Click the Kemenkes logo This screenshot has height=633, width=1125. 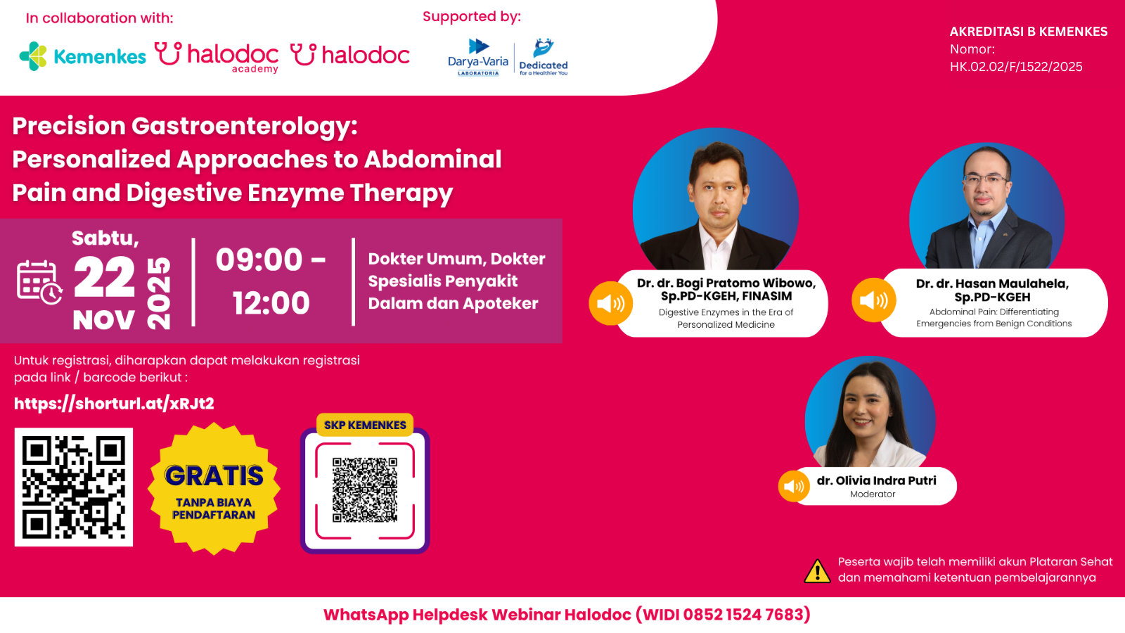coord(83,56)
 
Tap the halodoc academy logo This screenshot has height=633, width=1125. coord(217,57)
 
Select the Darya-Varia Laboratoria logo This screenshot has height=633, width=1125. coord(478,57)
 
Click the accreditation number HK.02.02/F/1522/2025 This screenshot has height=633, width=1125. coord(1016,67)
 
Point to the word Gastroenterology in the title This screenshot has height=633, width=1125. coord(245,127)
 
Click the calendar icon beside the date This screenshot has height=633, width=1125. coord(39,282)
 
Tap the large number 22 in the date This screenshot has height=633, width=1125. coord(105,277)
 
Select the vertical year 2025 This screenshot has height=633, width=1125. coord(159,293)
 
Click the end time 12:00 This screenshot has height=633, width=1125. coord(271,303)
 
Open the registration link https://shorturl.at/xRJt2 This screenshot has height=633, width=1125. coord(114,404)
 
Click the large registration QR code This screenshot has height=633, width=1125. coord(74,487)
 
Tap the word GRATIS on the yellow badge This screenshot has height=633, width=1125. coord(214,475)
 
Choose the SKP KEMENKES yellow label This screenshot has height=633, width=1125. coord(365,425)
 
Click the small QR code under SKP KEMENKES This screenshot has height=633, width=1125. coord(365,490)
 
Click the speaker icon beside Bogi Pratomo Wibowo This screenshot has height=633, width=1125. coord(611,303)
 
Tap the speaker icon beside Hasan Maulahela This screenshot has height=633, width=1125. coord(874,300)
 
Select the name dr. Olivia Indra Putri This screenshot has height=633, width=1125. coord(876,481)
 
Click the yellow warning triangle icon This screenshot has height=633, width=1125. coord(817,571)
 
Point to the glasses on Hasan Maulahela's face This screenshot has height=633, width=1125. coord(986,179)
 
